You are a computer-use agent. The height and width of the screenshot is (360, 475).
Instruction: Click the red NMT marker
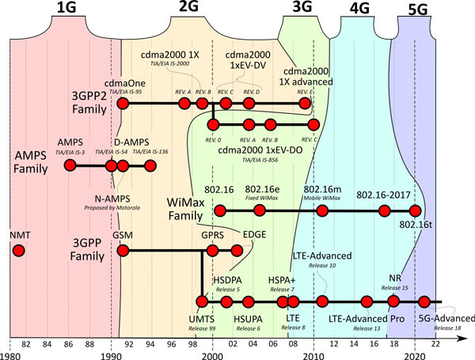click(x=18, y=251)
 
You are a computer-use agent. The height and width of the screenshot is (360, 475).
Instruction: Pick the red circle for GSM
click(x=123, y=251)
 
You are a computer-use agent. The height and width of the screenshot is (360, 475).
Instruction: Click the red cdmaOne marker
click(x=123, y=103)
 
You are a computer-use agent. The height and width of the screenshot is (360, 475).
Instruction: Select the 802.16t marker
click(x=416, y=210)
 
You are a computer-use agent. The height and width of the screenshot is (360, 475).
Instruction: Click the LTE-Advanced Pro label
click(x=366, y=318)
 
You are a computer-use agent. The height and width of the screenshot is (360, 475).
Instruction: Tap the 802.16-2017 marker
click(x=385, y=210)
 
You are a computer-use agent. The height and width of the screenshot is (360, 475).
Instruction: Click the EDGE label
click(x=254, y=234)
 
